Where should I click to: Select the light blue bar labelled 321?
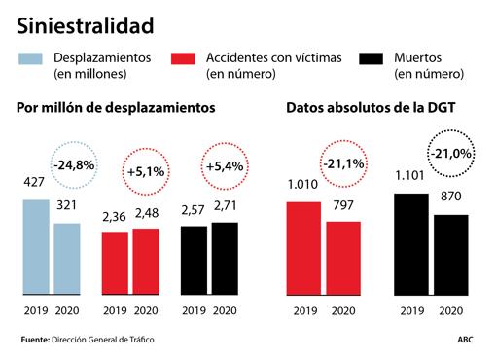click(66, 258)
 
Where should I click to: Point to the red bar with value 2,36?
click(115, 263)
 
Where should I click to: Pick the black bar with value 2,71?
click(223, 258)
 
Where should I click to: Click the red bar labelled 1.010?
click(303, 247)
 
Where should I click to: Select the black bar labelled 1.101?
click(410, 243)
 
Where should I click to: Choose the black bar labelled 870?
click(449, 254)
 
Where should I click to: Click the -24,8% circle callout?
click(74, 165)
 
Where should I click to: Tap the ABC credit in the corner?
click(468, 340)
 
